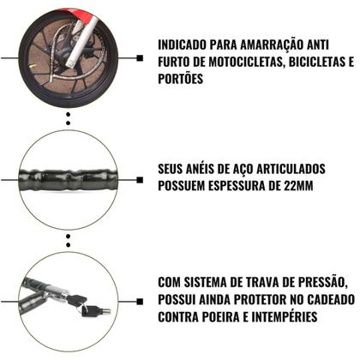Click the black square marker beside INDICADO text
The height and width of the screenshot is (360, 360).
coord(140,58)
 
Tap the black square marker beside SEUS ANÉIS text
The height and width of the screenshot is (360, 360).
coord(140,177)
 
